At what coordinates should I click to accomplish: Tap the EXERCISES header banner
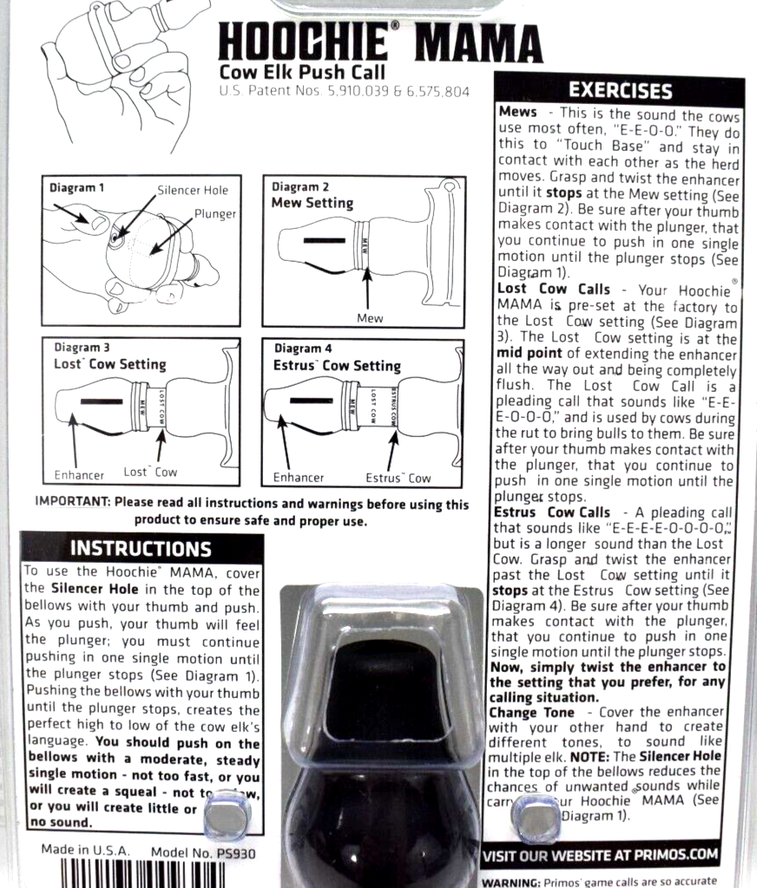620,90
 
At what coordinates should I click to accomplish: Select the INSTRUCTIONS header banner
141,548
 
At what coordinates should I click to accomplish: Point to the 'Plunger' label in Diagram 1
215,212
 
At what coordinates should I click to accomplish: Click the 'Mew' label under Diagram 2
370,318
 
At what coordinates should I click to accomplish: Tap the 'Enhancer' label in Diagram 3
79,475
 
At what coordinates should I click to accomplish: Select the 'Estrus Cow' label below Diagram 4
398,478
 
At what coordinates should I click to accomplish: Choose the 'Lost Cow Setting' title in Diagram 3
109,364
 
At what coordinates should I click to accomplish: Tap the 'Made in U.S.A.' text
85,851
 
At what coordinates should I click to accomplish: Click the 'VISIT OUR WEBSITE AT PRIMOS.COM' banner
601,855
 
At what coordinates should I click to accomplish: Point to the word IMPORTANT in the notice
72,503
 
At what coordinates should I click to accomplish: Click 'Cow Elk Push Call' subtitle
302,73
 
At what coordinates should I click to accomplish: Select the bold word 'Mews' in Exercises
517,112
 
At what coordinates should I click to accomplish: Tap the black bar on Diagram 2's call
320,237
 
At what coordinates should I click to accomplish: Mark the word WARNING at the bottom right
510,881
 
